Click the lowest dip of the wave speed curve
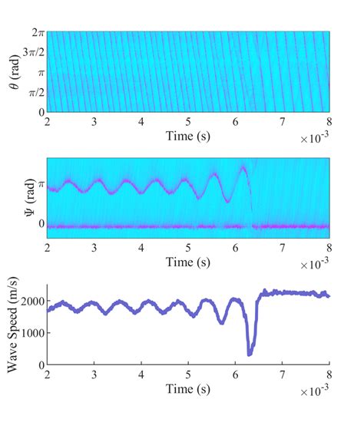[x=250, y=354]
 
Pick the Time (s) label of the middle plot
[x=189, y=263]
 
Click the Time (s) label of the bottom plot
[x=189, y=389]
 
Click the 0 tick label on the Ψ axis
[x=41, y=225]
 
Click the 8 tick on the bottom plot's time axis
[x=329, y=376]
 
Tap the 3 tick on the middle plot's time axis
[x=94, y=249]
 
